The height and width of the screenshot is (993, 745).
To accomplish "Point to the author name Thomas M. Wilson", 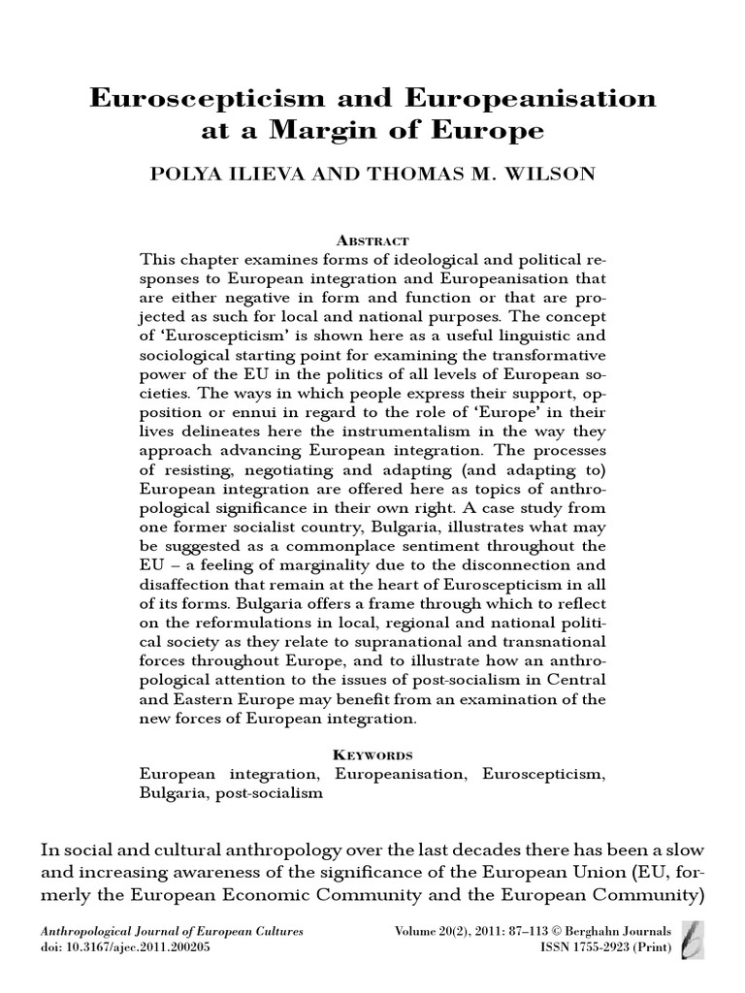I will [x=449, y=176].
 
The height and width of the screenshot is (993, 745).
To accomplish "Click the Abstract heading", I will [x=372, y=240].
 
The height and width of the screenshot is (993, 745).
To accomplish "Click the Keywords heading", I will [x=372, y=754].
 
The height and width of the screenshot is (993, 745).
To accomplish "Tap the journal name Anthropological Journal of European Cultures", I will [x=172, y=931].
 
